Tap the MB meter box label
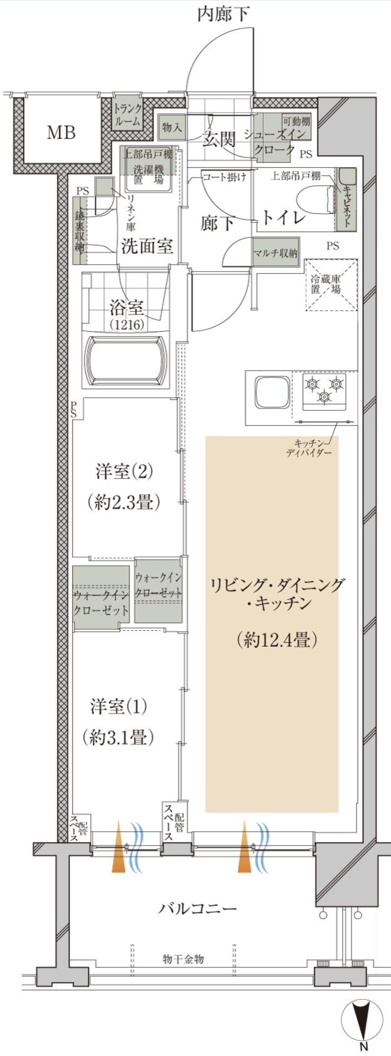coord(61,132)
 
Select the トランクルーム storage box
coord(128,115)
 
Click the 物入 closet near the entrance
coord(172,127)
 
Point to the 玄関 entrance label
coord(219,139)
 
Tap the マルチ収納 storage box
coord(276,253)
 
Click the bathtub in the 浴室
coord(126,361)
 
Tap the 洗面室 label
coord(147,245)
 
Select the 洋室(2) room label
coord(125,471)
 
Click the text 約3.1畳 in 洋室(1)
coord(118,737)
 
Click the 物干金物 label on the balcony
coord(183,959)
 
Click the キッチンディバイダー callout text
coord(309,447)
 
